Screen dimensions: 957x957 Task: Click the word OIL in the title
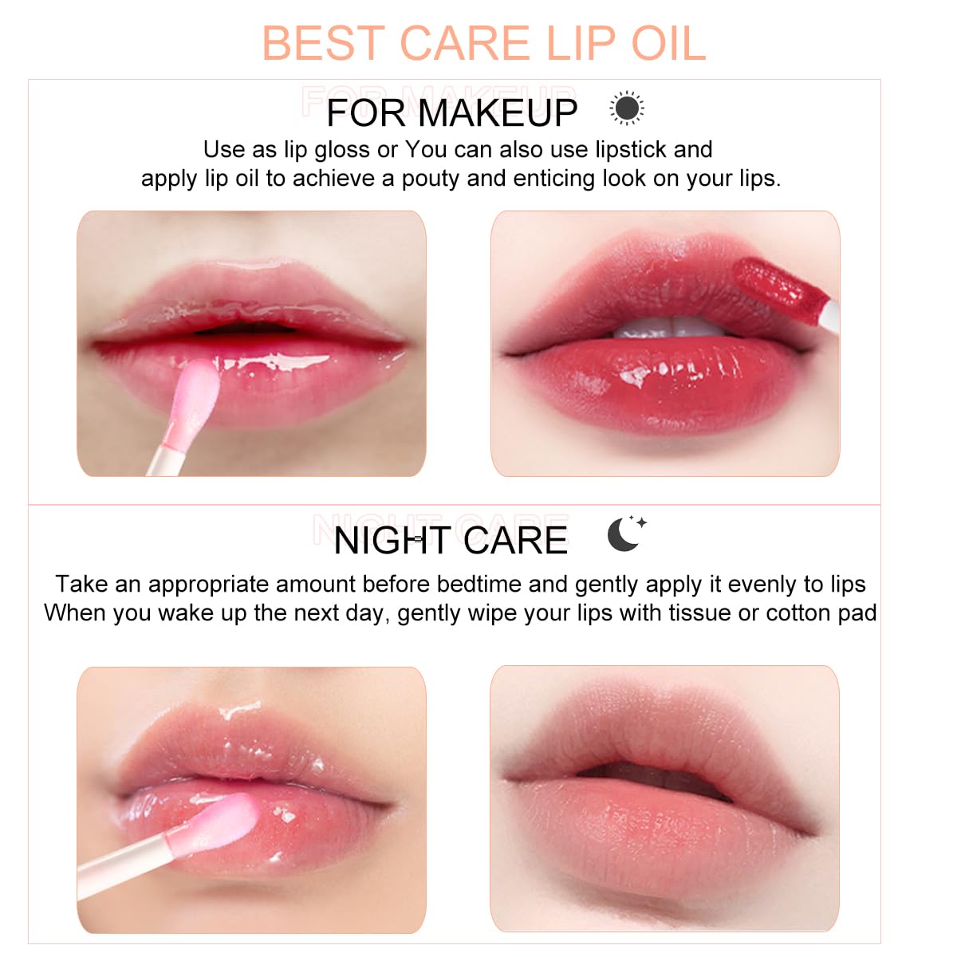(x=668, y=43)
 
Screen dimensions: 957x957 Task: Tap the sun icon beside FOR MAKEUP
(x=627, y=108)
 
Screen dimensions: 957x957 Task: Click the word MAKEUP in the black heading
(x=498, y=112)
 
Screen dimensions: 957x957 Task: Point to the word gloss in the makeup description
(x=341, y=150)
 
